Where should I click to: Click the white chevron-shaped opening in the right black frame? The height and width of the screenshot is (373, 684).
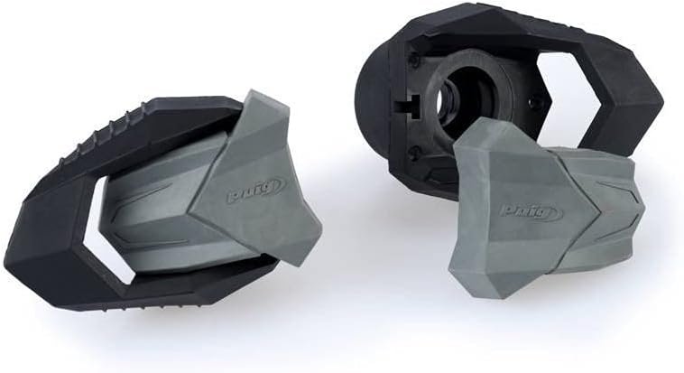click(x=567, y=98)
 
